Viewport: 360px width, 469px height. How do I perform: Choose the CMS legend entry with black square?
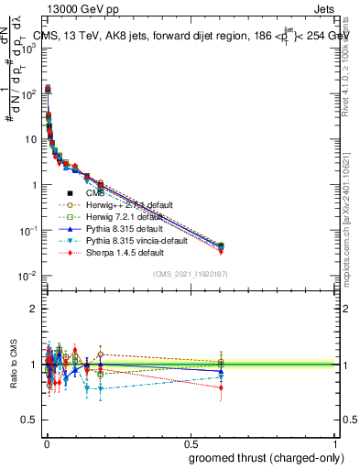(95, 193)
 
